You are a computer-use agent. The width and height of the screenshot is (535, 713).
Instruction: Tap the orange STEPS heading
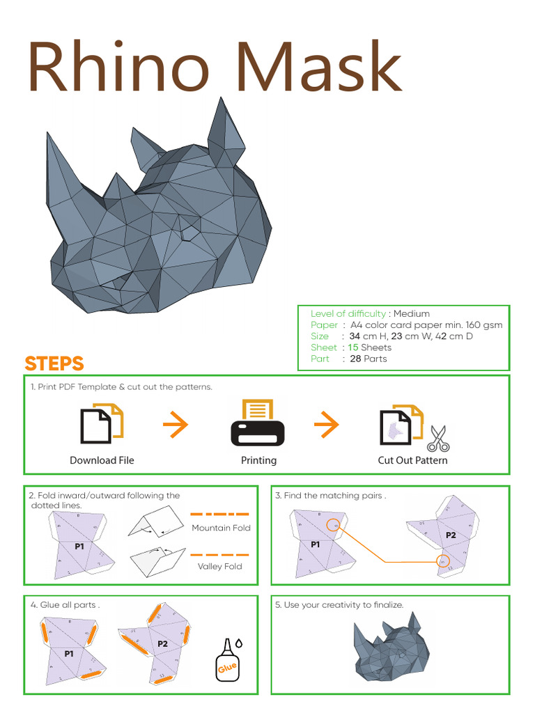tap(54, 363)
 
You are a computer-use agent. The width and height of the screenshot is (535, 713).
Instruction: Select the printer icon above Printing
tap(258, 423)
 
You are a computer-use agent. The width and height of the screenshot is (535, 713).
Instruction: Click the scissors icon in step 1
tap(438, 439)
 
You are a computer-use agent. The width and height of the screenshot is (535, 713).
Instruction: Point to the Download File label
tap(102, 460)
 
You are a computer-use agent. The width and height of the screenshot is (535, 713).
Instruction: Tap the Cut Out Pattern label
tap(412, 460)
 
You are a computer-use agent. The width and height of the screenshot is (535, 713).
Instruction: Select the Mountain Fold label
tap(221, 528)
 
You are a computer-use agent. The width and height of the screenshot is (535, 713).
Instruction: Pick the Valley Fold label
tap(219, 566)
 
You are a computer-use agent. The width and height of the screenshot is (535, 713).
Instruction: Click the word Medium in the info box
tap(412, 313)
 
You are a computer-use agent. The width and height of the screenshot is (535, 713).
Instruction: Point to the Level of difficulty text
tap(348, 313)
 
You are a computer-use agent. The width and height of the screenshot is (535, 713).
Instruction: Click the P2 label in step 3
tap(451, 535)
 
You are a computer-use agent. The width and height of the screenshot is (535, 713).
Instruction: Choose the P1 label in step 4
tap(69, 654)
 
